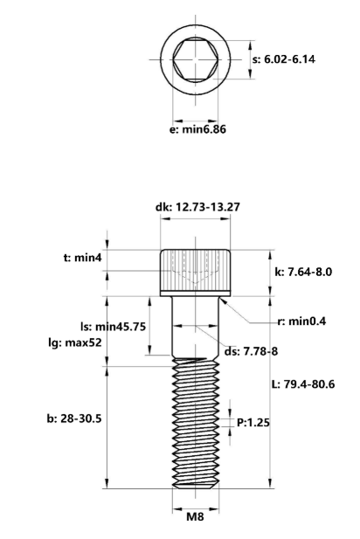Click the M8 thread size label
197,516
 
